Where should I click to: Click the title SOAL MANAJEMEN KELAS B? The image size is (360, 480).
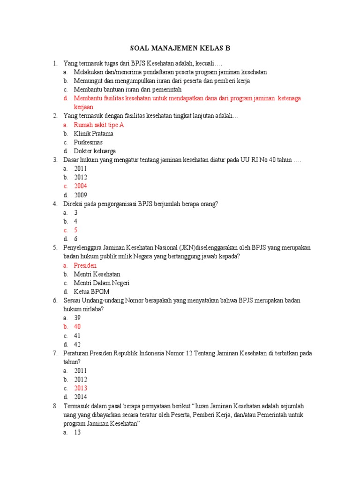(180, 48)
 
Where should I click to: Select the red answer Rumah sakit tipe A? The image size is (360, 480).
(98, 125)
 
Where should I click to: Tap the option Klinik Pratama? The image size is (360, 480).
(93, 134)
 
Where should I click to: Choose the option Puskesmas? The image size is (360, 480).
(88, 142)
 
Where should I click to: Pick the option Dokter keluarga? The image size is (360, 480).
(95, 151)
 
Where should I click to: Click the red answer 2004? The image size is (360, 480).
(80, 186)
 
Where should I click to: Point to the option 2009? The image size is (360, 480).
(80, 195)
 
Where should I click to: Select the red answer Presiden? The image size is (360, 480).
(85, 265)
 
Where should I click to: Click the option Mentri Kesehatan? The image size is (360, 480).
(97, 274)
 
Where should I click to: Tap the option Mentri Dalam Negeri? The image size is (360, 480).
(101, 283)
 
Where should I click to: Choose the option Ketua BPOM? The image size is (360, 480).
(91, 292)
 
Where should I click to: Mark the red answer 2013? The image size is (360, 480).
(80, 388)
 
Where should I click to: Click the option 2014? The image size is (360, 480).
(80, 397)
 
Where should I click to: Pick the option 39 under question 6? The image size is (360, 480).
(77, 318)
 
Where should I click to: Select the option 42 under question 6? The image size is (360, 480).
(77, 345)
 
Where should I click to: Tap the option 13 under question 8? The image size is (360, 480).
(77, 433)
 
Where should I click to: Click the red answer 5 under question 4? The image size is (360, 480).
(75, 230)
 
